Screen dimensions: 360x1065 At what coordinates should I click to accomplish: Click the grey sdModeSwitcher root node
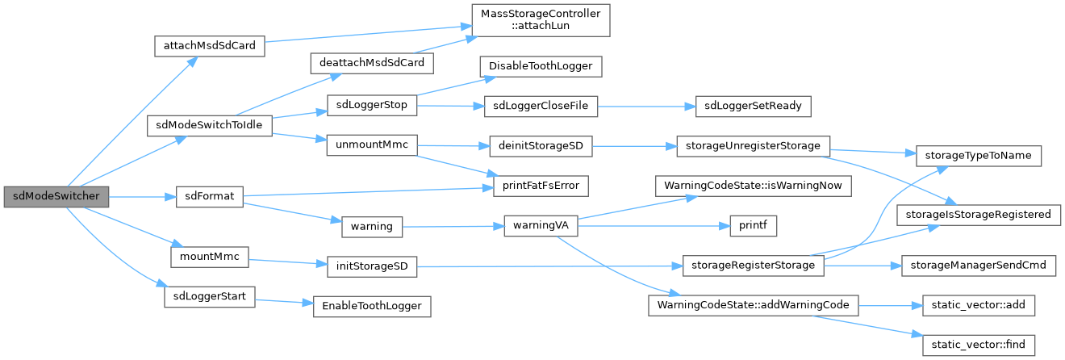pos(56,197)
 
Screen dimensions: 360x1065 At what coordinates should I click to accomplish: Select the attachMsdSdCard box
pos(209,45)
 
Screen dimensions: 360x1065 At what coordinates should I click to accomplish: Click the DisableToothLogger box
pos(541,65)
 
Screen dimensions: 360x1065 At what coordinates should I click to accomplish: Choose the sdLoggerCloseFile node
pos(541,106)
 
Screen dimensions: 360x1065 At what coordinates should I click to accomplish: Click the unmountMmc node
pos(370,145)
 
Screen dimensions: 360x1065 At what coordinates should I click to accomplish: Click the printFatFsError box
pos(541,186)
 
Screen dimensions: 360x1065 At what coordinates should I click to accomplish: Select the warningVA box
pos(541,225)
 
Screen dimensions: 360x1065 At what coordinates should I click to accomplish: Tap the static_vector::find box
pos(979,344)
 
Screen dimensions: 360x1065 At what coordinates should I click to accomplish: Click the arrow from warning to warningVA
pos(452,226)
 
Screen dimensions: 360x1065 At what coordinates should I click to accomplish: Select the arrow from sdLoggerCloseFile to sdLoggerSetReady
pos(639,106)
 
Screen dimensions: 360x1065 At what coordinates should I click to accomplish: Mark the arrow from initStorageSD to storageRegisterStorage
pos(549,266)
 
